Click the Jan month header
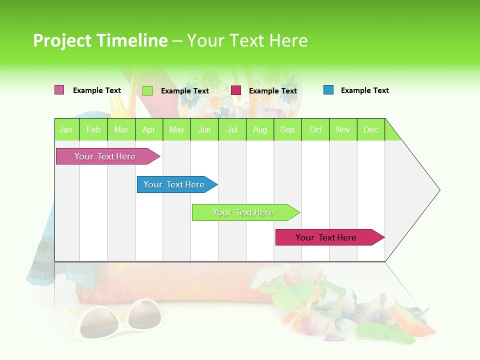(x=66, y=129)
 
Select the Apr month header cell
(x=149, y=129)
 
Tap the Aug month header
(x=260, y=129)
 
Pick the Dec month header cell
(x=371, y=129)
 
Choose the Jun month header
(x=204, y=129)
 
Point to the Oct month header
(x=315, y=129)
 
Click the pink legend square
(x=59, y=90)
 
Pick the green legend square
(x=147, y=90)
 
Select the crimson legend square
(x=236, y=90)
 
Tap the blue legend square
(x=328, y=90)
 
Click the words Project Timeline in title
(x=100, y=40)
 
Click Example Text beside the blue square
(x=364, y=90)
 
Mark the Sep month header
(x=287, y=129)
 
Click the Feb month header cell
(x=93, y=129)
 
